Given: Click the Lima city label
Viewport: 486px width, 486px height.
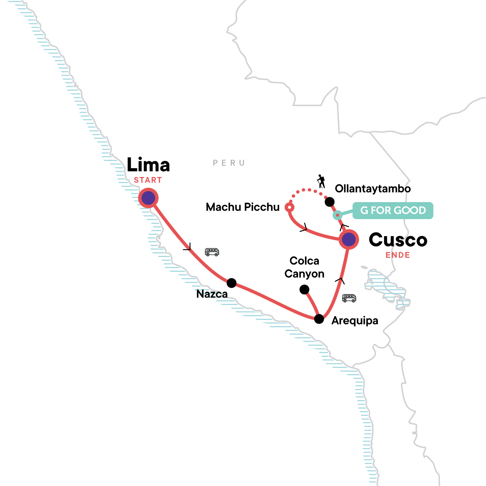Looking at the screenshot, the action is [148, 164].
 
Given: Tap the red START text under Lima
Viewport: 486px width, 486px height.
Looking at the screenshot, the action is [148, 180].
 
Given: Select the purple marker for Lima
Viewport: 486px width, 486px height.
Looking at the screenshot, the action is [148, 198].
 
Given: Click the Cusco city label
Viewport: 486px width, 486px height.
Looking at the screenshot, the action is [398, 240].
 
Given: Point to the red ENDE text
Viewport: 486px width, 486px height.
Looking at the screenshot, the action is [398, 255].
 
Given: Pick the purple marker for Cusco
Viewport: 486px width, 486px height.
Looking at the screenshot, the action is [349, 239].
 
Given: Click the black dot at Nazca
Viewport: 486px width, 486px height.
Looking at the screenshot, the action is [232, 283].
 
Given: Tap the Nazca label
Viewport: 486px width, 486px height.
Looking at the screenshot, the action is [212, 294].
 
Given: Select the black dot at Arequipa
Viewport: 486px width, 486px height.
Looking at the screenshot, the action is [319, 319].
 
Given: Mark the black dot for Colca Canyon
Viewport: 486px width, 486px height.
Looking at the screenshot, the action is [305, 290].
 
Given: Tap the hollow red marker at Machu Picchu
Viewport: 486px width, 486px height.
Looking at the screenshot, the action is [290, 207].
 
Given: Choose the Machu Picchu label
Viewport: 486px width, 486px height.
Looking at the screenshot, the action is [243, 207].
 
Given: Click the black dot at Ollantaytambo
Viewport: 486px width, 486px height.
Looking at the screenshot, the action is [330, 202].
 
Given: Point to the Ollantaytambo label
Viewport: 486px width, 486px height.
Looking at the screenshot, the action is [373, 189].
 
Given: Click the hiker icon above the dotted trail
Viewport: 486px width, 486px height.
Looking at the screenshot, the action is [321, 181].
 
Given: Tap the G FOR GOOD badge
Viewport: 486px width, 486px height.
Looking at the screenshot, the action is [393, 210].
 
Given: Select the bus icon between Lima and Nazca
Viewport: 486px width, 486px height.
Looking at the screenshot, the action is [212, 252].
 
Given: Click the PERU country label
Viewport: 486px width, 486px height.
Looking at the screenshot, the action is [229, 163].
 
